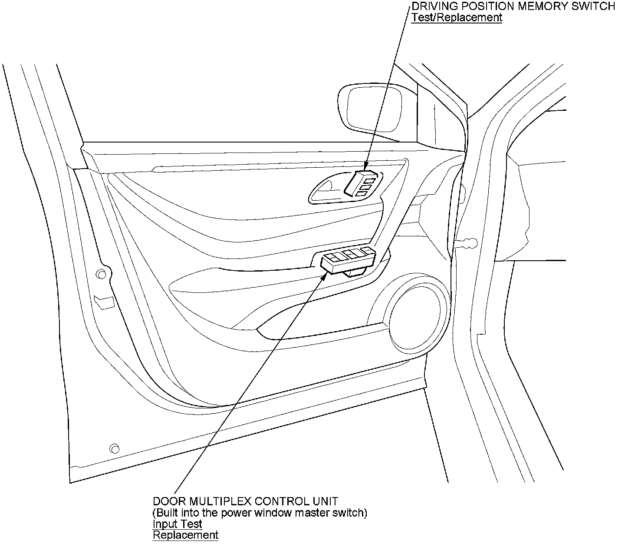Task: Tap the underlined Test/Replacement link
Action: click(457, 17)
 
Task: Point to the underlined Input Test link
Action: click(177, 524)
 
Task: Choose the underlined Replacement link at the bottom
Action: click(185, 535)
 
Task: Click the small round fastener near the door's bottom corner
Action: click(114, 448)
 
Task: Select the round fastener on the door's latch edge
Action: click(101, 274)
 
